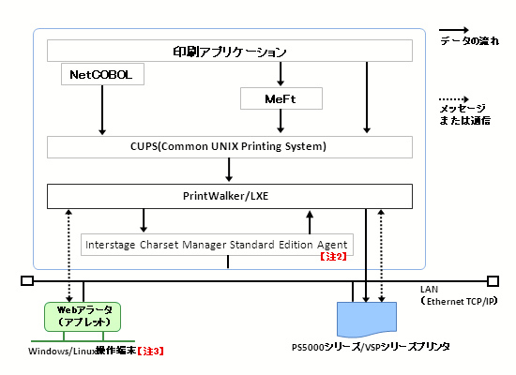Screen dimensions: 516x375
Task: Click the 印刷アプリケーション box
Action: tap(230, 51)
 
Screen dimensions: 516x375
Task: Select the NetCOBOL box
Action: tap(102, 74)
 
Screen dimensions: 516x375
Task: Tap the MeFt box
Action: tap(281, 98)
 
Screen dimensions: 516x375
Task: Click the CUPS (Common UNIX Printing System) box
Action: tap(230, 147)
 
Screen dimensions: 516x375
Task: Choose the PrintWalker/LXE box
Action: tap(230, 196)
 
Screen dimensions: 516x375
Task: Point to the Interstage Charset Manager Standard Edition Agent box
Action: tap(218, 245)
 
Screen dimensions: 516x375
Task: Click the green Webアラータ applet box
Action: tap(83, 317)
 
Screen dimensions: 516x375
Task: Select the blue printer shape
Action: tap(367, 319)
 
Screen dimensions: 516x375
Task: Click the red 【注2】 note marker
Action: tap(333, 256)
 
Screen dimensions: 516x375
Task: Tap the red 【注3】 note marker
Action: tap(150, 351)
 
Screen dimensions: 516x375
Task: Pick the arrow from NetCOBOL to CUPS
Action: tap(102, 110)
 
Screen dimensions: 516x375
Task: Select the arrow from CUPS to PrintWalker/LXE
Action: tap(229, 170)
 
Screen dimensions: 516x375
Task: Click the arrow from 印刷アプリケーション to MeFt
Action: tap(281, 74)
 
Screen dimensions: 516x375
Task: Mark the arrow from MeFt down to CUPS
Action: tap(281, 121)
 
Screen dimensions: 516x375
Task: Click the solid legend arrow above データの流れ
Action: tap(454, 30)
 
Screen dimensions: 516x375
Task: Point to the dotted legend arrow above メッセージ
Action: tap(454, 99)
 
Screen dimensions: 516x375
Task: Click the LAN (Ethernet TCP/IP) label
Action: tap(459, 295)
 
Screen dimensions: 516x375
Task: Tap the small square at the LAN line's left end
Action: tap(27, 281)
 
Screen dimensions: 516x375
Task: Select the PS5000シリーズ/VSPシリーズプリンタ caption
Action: tap(371, 347)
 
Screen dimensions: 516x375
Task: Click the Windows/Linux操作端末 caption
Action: tap(83, 351)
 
